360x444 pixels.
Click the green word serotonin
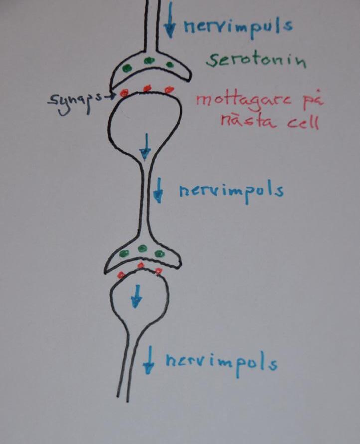[256, 61]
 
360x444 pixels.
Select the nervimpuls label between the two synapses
[231, 191]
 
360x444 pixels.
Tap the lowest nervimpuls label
[221, 363]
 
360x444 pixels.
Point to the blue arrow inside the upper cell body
[145, 146]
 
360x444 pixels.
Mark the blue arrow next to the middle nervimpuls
[158, 190]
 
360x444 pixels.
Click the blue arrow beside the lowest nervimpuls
[148, 361]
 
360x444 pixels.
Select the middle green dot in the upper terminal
[148, 61]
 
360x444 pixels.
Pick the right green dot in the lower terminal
[160, 253]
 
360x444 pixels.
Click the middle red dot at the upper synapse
[147, 88]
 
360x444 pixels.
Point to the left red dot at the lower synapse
[120, 275]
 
